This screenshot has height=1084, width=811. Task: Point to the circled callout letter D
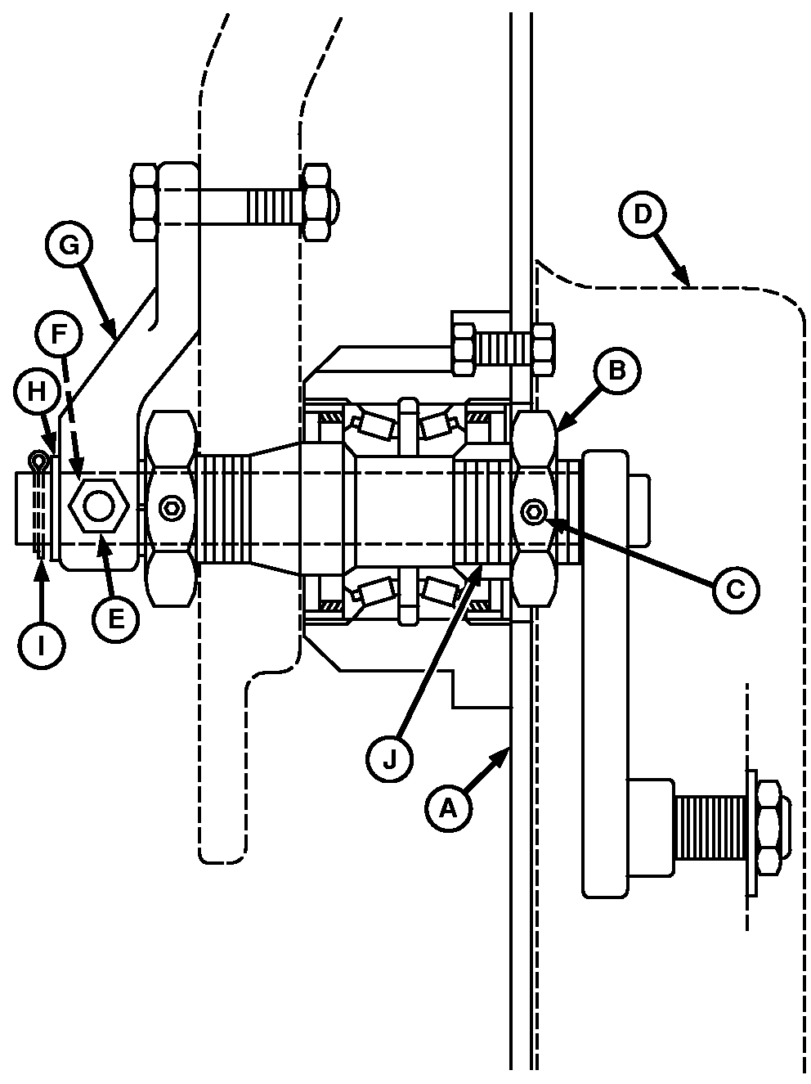point(643,214)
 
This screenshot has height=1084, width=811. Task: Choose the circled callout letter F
point(57,334)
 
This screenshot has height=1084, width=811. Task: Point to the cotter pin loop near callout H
point(37,464)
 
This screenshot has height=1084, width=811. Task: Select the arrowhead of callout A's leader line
point(508,749)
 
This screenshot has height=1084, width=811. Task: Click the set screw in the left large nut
point(173,509)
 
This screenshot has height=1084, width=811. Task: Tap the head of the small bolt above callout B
point(463,348)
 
